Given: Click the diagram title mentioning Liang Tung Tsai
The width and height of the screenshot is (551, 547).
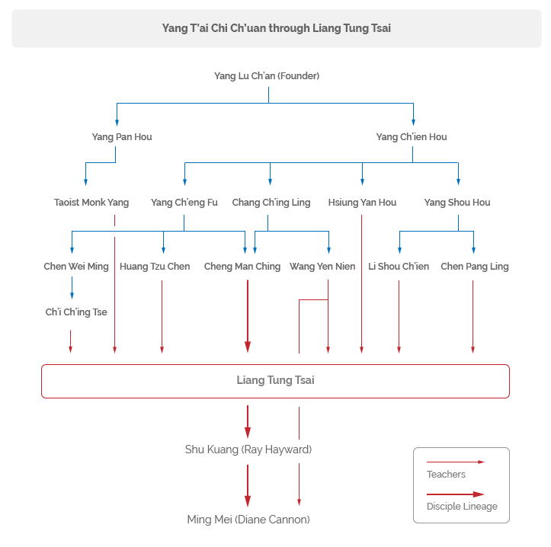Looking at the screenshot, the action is (x=276, y=28).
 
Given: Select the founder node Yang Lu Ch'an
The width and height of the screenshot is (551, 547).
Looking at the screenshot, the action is (x=267, y=76).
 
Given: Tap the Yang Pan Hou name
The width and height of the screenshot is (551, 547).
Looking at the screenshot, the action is (x=122, y=136).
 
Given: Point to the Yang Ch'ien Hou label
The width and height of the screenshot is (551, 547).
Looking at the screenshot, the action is (x=412, y=136).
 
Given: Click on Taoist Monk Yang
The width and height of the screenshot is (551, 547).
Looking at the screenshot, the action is (x=91, y=203).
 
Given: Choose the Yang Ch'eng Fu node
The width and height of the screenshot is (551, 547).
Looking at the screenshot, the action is (x=184, y=203).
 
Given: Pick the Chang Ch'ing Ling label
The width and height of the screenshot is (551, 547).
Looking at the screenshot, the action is (x=271, y=203).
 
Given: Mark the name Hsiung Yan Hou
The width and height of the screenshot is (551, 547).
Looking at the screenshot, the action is (x=362, y=203).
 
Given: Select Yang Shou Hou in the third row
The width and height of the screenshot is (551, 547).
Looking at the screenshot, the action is (x=457, y=203).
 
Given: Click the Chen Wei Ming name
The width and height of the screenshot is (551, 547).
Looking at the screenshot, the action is (x=76, y=267).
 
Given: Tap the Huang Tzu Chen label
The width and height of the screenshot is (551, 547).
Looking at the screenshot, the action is (x=155, y=267).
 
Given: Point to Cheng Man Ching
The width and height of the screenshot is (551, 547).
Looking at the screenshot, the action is (x=242, y=267).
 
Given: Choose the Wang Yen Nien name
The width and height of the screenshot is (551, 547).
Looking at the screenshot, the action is (x=322, y=267).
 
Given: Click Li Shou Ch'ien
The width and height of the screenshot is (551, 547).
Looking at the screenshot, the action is (x=399, y=267).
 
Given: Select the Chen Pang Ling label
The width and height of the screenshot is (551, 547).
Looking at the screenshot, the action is (x=475, y=267).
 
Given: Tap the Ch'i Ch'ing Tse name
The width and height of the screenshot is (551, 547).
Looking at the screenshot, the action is (x=76, y=312).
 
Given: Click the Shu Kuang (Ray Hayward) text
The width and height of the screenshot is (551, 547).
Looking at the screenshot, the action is (x=248, y=449).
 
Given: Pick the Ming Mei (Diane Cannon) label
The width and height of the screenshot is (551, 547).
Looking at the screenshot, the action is (x=248, y=520).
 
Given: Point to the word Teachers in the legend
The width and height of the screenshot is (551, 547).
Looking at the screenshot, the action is (x=446, y=475).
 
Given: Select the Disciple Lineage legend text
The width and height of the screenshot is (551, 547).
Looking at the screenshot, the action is (x=462, y=507).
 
